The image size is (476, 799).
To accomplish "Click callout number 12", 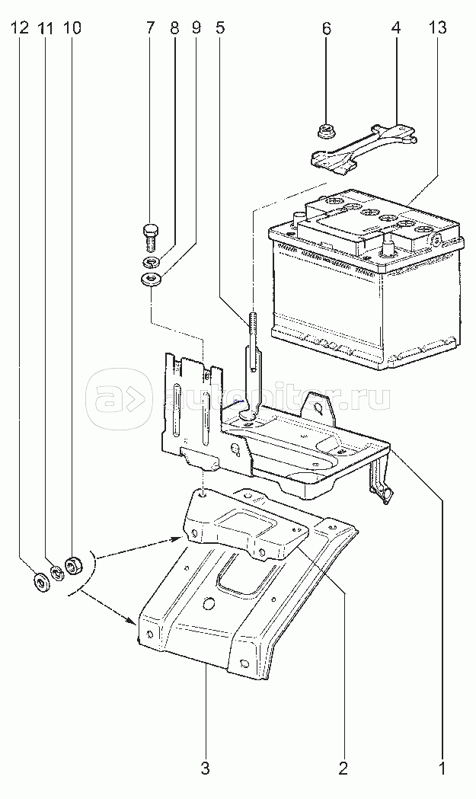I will click(x=20, y=29).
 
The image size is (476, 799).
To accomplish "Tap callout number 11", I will click(x=46, y=29).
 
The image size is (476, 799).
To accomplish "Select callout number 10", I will click(x=72, y=29).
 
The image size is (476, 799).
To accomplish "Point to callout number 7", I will click(x=150, y=29).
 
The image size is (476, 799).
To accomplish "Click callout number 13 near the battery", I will click(x=437, y=29).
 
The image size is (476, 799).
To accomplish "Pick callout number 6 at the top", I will click(x=327, y=29).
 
